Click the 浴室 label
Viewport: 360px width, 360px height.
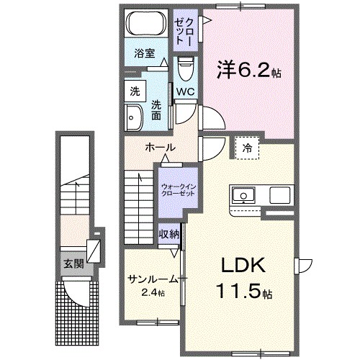145,53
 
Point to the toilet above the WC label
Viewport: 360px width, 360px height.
184,69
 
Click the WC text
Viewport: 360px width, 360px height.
185,92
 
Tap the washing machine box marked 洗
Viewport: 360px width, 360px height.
135,91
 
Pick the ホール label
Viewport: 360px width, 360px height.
161,147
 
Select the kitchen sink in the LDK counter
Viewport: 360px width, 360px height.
243,194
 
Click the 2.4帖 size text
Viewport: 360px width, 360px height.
153,292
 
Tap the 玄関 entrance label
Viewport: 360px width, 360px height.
71,264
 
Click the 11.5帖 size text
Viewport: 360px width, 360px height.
241,294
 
